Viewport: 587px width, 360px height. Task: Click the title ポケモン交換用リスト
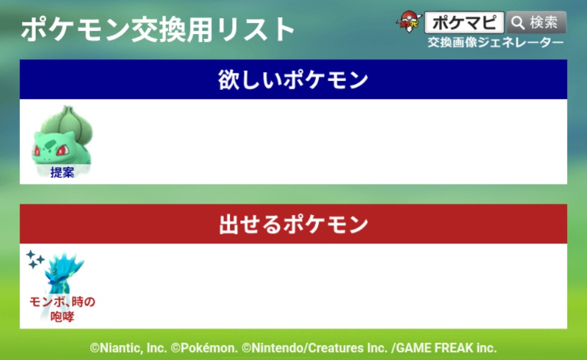point(158,29)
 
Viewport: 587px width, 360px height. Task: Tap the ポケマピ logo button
point(464,22)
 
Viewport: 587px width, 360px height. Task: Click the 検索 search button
point(536,22)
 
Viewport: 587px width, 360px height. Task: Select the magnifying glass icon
point(518,23)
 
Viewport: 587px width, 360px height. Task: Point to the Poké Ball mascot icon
point(409,22)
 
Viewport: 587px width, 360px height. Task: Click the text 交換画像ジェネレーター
point(495,42)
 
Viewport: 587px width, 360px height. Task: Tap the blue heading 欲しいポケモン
point(293,79)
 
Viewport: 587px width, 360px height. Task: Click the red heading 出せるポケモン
point(293,224)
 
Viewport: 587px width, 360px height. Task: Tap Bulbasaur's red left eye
point(63,150)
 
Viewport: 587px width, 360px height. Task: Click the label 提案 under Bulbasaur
point(62,172)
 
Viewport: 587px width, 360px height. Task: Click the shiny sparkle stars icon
point(35,259)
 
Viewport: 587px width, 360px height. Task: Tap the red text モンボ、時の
point(62,301)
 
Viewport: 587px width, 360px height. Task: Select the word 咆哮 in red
point(62,317)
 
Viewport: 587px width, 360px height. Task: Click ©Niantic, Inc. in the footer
point(128,348)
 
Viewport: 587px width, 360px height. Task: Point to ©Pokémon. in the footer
point(204,348)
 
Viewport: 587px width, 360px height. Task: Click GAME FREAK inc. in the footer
point(447,348)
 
